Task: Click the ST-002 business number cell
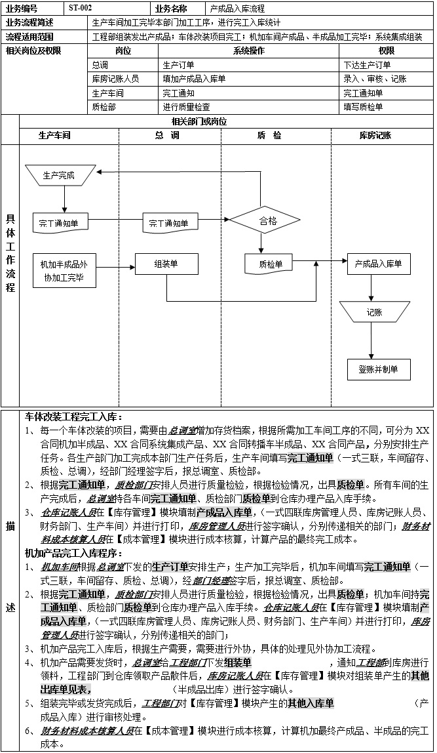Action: tap(81, 9)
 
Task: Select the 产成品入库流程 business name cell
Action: tap(237, 9)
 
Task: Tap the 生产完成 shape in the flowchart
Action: tap(58, 175)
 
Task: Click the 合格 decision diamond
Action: tap(268, 221)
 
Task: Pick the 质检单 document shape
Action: tap(271, 264)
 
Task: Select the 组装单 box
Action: tap(166, 264)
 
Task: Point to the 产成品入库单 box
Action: tap(378, 264)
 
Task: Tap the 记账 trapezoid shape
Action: tap(374, 312)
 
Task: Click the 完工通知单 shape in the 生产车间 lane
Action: tap(58, 223)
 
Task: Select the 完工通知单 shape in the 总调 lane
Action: tap(170, 223)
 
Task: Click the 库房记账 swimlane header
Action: tap(375, 135)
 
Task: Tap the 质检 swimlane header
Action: tap(269, 135)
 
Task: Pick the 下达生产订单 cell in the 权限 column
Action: tap(367, 65)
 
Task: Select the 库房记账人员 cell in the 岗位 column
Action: tap(115, 79)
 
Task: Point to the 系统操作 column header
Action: tap(249, 51)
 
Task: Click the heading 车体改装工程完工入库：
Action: tap(73, 417)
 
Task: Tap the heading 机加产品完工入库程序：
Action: tap(73, 553)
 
